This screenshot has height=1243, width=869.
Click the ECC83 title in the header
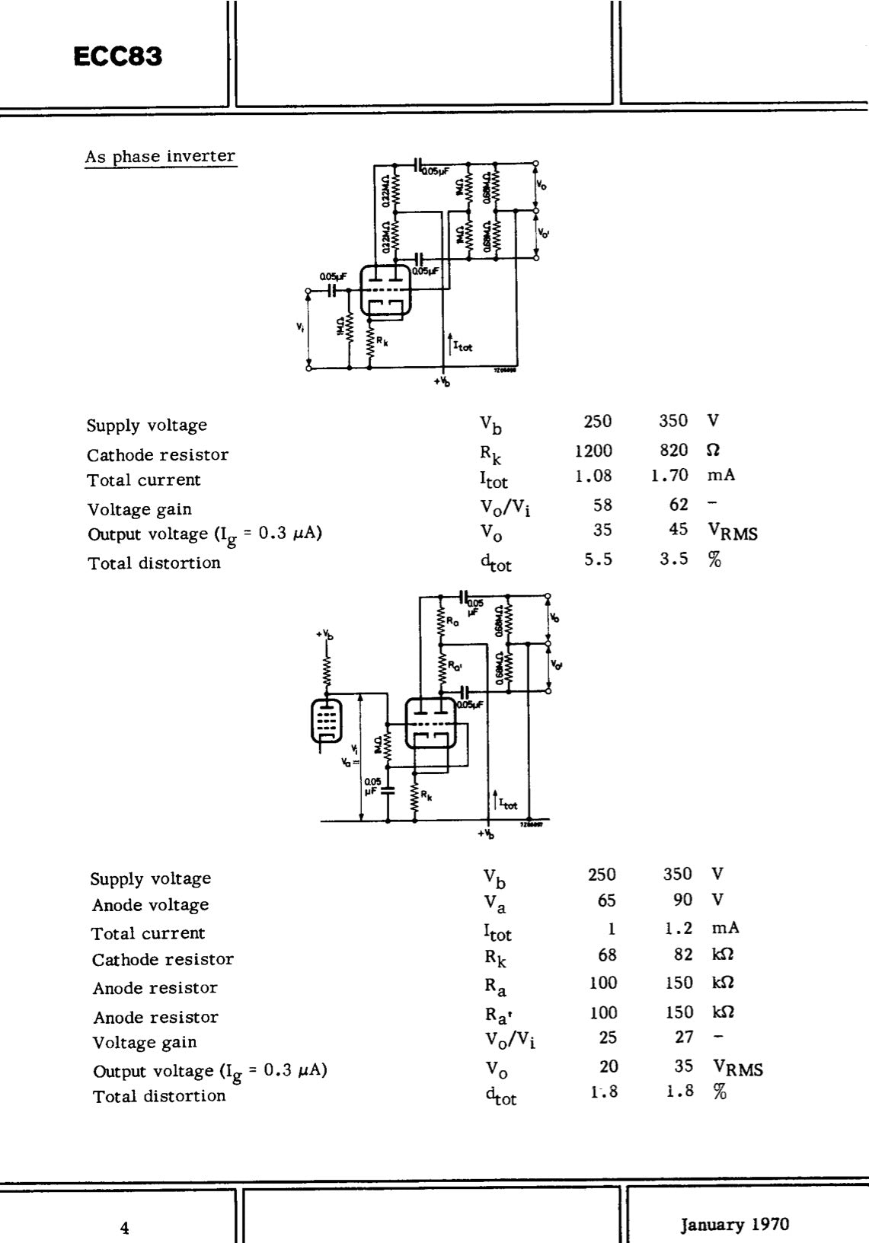119,57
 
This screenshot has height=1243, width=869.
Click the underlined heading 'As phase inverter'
160,156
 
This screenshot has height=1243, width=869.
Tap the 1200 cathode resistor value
593,451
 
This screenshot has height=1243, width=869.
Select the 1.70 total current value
669,476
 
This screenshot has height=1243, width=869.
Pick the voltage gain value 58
602,504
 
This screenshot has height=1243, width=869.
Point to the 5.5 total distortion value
598,559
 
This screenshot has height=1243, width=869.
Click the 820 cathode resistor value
674,451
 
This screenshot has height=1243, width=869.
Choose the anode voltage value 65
606,900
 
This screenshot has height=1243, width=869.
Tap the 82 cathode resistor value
683,955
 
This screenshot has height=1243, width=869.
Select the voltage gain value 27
684,1037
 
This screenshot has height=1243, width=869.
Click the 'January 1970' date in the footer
735,1224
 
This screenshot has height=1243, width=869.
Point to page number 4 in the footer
125,1227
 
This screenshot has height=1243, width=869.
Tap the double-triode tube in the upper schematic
385,291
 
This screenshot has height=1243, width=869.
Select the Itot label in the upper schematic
462,346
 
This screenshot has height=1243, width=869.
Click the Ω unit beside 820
713,451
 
